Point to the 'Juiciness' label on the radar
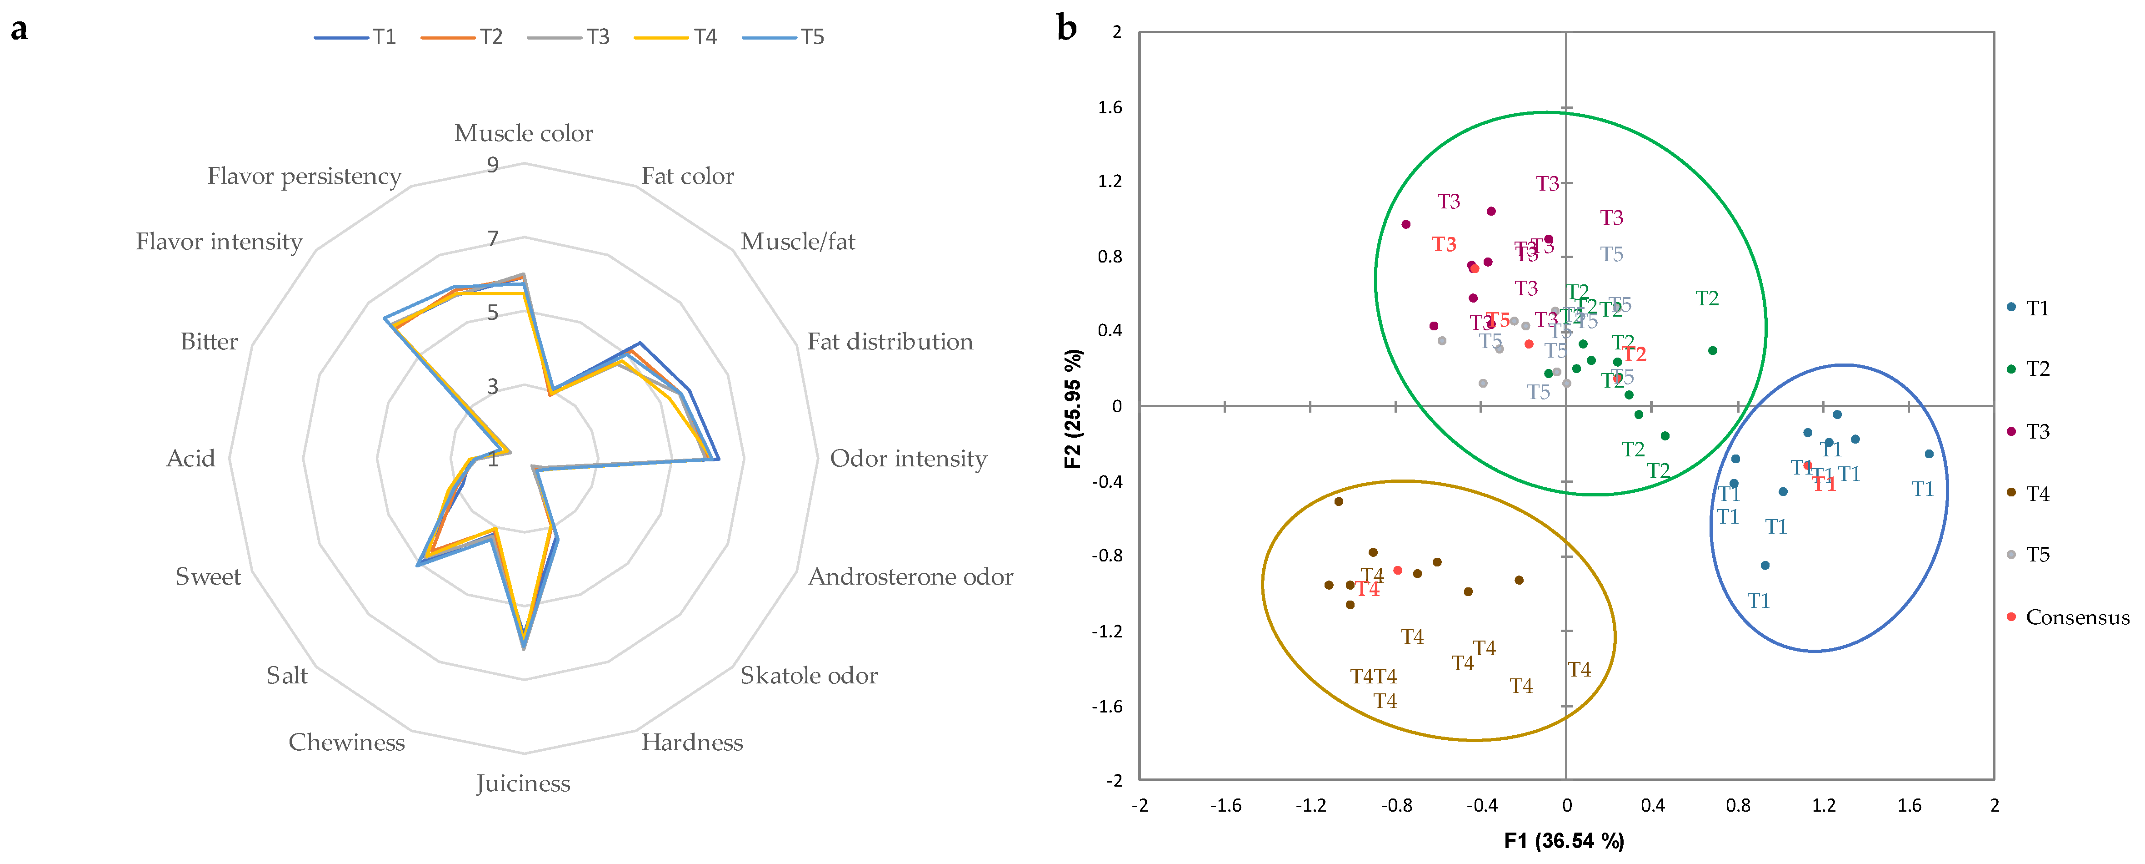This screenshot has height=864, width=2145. point(523,783)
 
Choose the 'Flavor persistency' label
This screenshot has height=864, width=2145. point(304,177)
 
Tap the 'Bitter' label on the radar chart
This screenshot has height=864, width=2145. point(209,342)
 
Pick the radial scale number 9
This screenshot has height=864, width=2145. point(493,165)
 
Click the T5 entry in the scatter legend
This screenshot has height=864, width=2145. point(2037,555)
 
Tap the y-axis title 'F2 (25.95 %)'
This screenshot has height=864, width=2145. point(1073,408)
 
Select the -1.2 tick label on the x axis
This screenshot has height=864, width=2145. point(1310,806)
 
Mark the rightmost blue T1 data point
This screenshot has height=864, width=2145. point(1929,454)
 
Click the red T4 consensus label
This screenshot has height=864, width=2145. point(1367,589)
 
